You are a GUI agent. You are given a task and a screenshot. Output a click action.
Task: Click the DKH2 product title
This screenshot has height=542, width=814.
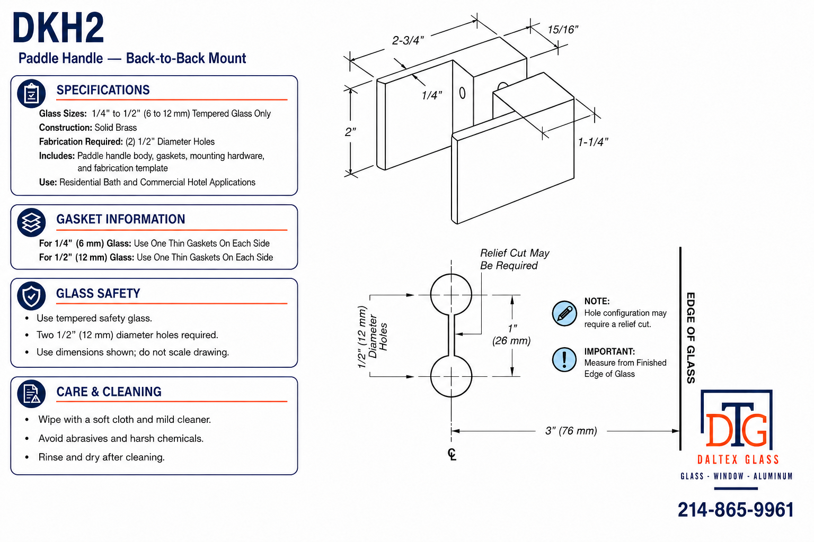(58, 28)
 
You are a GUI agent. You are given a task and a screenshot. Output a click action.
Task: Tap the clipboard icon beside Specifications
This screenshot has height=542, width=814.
(31, 93)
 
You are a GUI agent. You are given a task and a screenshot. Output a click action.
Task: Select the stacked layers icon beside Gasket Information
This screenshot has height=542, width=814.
(31, 222)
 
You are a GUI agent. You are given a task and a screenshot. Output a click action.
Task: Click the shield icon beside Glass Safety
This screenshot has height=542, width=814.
(31, 295)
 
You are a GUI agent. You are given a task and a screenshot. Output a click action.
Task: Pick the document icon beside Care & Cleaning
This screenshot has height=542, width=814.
(31, 394)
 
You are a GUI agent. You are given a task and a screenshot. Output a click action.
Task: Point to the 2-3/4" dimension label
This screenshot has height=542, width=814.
(408, 40)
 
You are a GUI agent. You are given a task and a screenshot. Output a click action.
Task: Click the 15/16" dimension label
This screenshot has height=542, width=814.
(562, 30)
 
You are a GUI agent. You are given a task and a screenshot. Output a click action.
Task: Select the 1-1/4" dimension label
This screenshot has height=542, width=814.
(592, 142)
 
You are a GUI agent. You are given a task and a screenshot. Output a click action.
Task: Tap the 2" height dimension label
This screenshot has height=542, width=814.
(350, 132)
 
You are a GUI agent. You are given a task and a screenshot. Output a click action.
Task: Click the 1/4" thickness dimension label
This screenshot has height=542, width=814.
(431, 95)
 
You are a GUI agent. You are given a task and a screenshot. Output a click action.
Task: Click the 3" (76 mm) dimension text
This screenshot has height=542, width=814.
(571, 431)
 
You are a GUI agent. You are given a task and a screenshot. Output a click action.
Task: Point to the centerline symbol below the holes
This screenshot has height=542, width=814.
(452, 454)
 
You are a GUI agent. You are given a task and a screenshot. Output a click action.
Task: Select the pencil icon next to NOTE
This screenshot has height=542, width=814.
(564, 313)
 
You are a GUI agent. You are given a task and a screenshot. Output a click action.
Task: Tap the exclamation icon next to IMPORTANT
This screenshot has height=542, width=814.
(564, 360)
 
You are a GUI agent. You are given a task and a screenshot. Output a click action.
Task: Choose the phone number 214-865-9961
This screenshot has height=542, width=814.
(736, 510)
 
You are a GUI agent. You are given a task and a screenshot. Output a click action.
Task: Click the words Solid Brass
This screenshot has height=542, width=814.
(116, 128)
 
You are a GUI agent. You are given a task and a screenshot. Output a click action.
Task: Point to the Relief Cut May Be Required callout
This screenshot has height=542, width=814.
(515, 259)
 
